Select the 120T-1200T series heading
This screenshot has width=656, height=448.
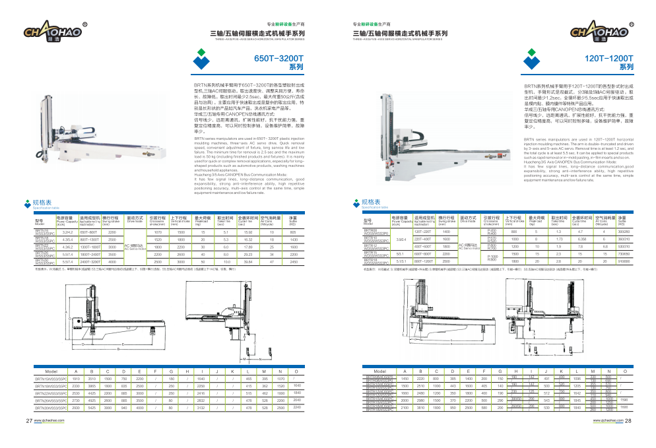click(x=608, y=58)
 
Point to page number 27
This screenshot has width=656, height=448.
click(x=29, y=420)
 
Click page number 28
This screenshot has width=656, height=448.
click(x=628, y=420)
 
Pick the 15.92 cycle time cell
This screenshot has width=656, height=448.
click(x=248, y=232)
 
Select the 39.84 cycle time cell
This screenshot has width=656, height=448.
click(x=248, y=262)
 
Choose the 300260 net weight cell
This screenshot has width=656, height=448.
click(x=623, y=232)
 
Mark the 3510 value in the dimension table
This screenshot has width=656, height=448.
click(x=90, y=379)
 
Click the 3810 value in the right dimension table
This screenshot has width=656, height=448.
click(x=420, y=408)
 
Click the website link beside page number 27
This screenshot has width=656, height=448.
click(x=52, y=420)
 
